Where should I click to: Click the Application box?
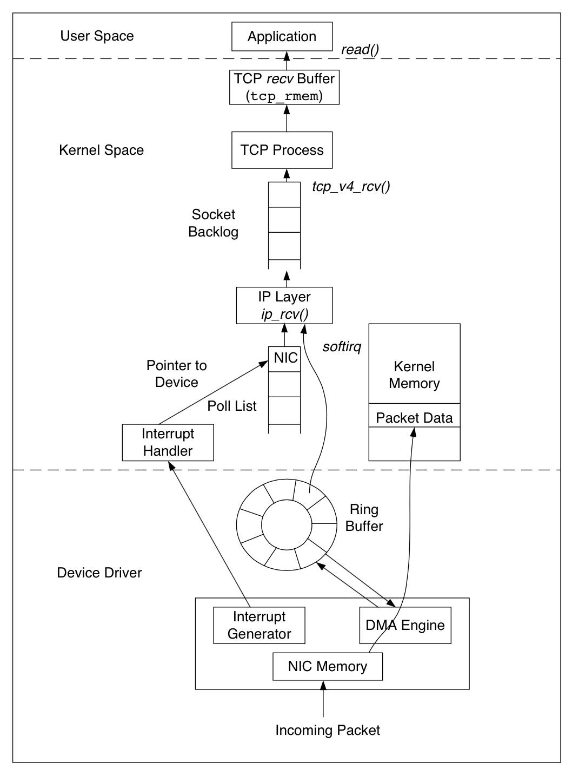click(282, 36)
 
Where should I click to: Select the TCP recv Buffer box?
click(284, 87)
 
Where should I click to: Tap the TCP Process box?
click(282, 150)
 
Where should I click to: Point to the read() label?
click(360, 50)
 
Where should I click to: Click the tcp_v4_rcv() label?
click(351, 187)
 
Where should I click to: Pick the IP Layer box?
click(284, 305)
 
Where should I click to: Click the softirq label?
click(342, 347)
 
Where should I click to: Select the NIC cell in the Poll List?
click(284, 359)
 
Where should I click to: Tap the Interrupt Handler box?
click(168, 442)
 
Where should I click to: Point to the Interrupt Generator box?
click(259, 625)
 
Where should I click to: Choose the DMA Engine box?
click(405, 625)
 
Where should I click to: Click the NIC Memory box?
click(328, 666)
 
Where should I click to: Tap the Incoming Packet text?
click(328, 730)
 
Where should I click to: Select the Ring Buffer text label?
click(364, 518)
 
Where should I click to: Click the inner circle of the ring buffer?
click(287, 525)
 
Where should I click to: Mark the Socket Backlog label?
click(214, 223)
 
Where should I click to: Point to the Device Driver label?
click(99, 573)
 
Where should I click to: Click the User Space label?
click(97, 36)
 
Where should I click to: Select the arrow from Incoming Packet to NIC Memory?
click(323, 699)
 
